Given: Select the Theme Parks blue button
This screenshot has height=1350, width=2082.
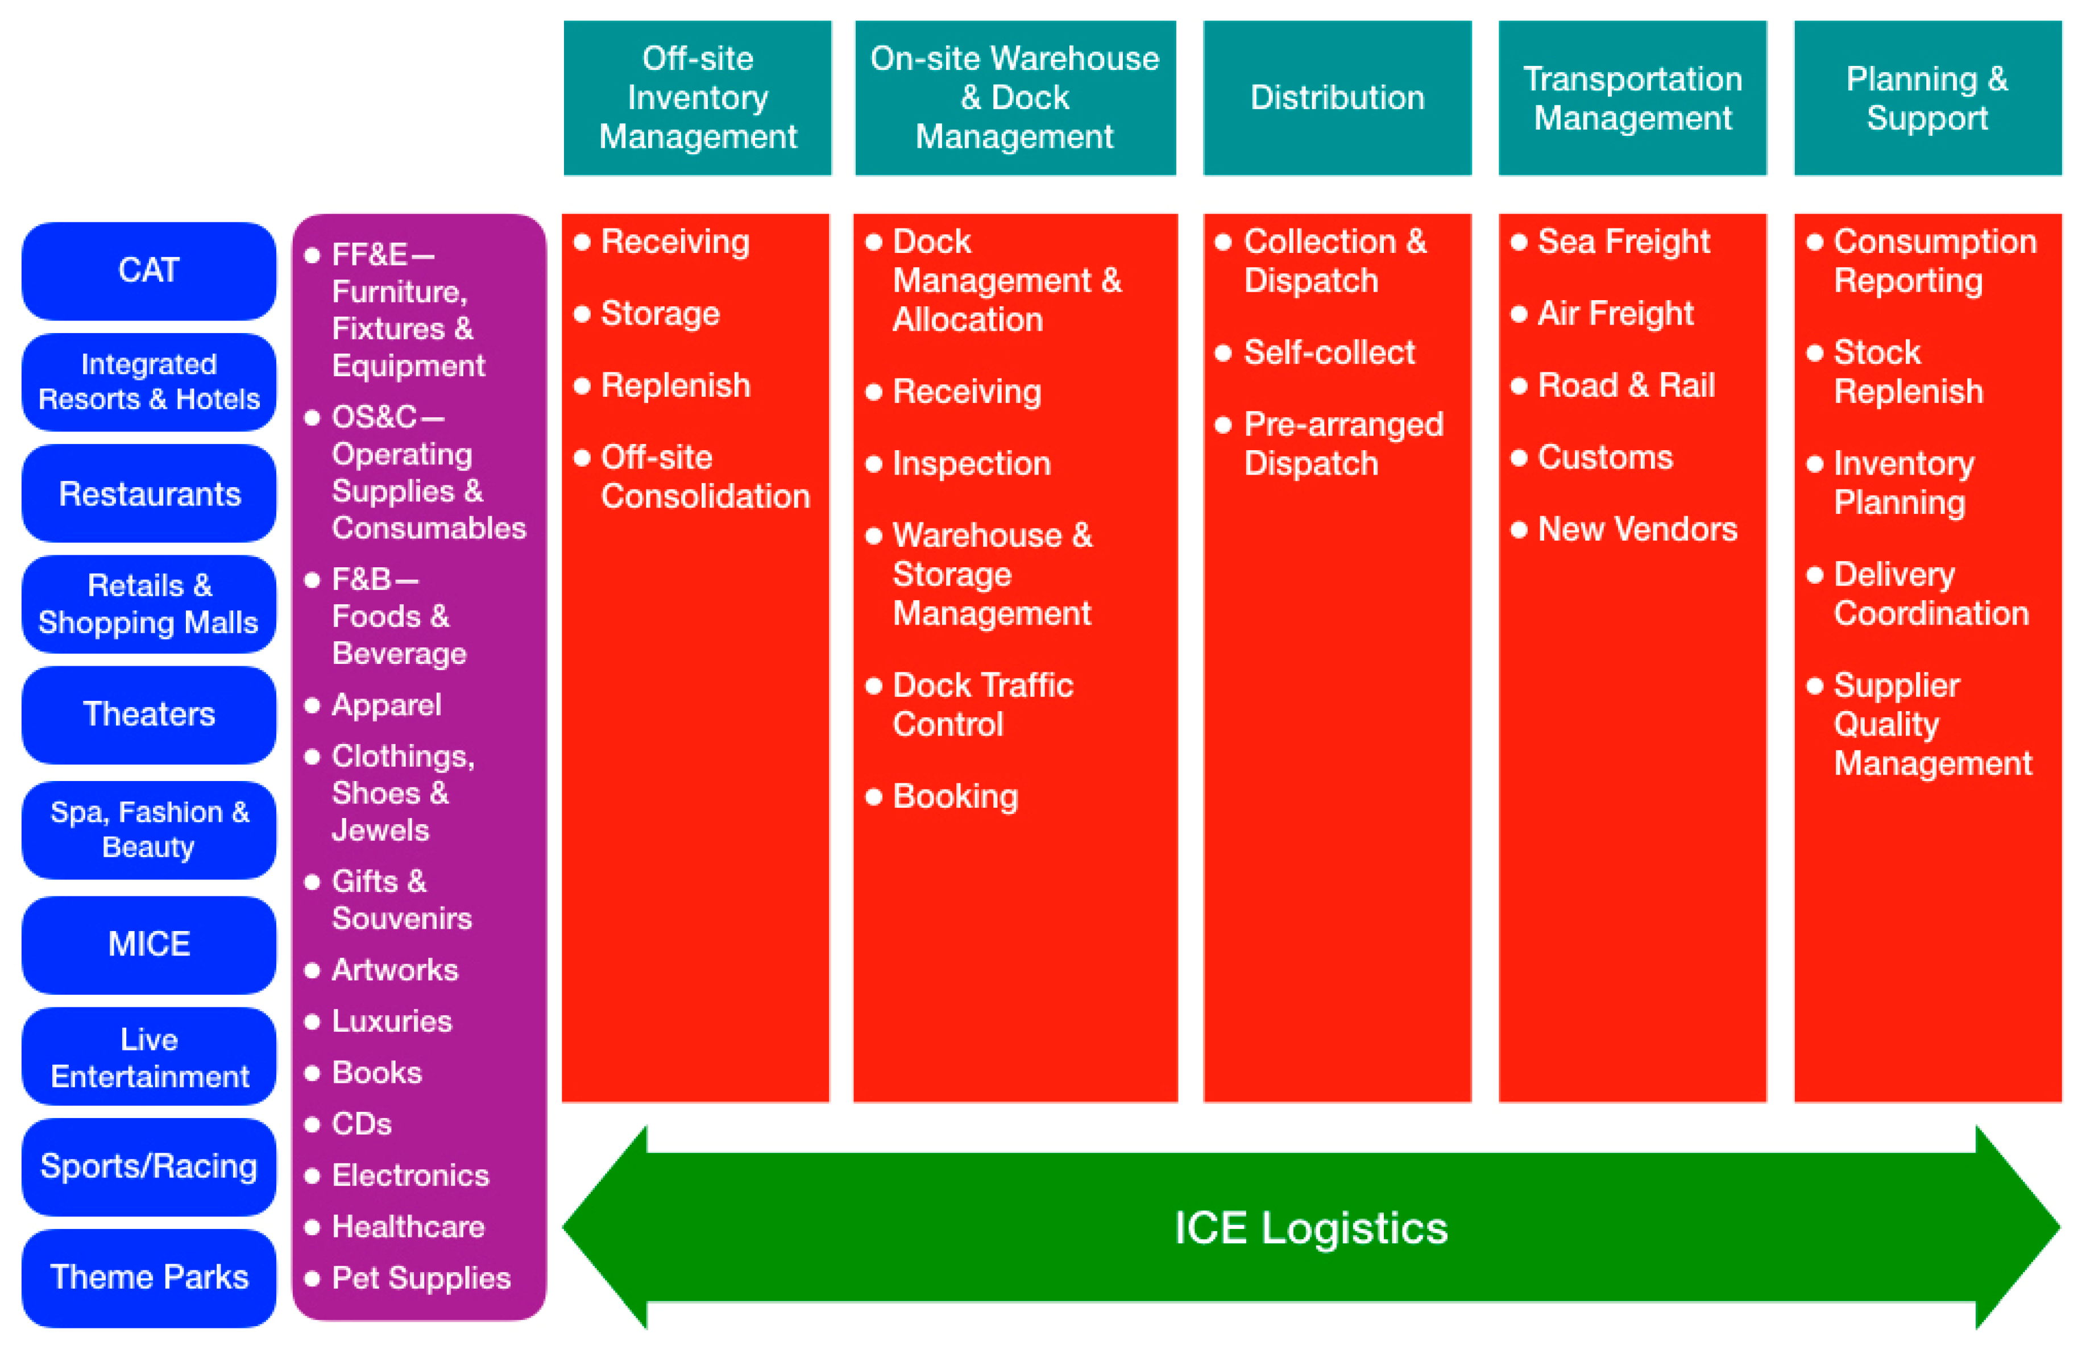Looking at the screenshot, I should click(149, 1277).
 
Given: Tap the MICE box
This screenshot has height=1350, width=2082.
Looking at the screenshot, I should click(149, 944).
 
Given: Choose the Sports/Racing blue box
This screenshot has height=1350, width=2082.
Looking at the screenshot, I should click(149, 1166).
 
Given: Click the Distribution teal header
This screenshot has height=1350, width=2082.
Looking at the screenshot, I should click(1337, 98).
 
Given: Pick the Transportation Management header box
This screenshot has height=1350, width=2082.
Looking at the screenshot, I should click(1632, 98).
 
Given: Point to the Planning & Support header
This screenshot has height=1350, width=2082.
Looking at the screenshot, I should click(1927, 98).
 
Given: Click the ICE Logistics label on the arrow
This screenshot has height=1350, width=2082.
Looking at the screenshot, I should click(1310, 1228).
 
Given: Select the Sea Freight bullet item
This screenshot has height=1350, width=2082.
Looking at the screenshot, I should click(1623, 242).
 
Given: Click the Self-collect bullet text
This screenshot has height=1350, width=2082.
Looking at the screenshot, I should click(1328, 352).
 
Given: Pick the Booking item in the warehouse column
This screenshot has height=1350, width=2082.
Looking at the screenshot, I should click(955, 796).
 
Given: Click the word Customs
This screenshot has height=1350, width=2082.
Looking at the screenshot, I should click(1604, 457).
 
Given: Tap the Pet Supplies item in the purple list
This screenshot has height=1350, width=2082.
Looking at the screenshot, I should click(420, 1278).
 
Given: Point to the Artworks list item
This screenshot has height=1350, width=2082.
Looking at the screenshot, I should click(395, 970).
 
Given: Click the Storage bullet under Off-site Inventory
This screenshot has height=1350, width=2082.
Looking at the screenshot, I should click(660, 314).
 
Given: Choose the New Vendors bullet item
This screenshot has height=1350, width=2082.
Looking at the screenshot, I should click(1637, 529).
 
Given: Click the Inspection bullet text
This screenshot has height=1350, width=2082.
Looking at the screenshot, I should click(971, 463).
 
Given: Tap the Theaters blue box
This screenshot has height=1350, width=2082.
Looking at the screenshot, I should click(149, 715).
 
